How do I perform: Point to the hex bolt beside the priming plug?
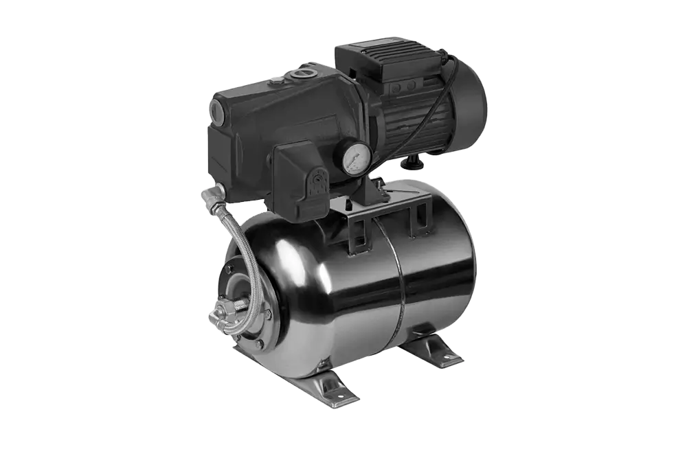coord(276,81)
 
